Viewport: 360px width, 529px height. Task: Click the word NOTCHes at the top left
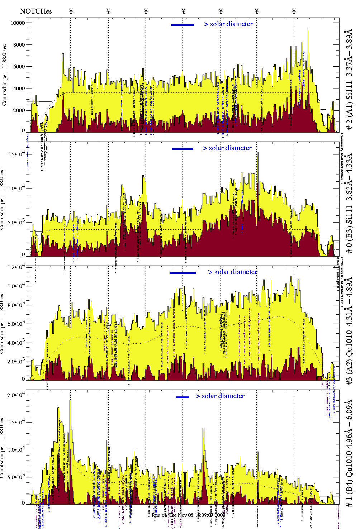[x=36, y=11]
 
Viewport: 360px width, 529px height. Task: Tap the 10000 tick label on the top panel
[x=18, y=23]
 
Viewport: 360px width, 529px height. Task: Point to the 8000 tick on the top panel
[x=18, y=45]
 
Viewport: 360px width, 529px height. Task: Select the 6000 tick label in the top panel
[x=18, y=67]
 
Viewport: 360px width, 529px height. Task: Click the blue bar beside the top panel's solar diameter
[x=182, y=25]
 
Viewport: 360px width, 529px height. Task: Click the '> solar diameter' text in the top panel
[x=228, y=24]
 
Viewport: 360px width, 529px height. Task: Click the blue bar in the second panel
[x=183, y=149]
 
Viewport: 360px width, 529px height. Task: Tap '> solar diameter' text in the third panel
[x=232, y=272]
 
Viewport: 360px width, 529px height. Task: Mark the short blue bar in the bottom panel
[x=183, y=397]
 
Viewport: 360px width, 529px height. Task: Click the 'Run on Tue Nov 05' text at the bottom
[x=188, y=515]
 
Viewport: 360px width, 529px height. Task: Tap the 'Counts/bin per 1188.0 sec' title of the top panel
[x=4, y=75]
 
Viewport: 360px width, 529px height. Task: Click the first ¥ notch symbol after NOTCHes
[x=71, y=11]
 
